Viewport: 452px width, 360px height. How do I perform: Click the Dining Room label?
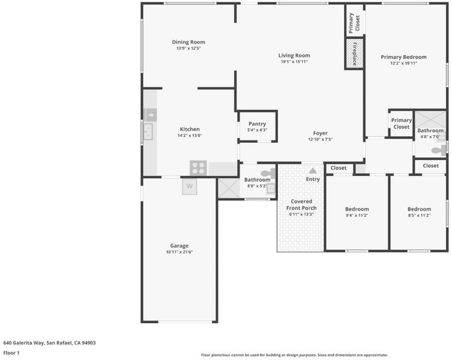tap(188, 42)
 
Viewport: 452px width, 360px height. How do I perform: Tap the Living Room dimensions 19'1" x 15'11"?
tap(294, 62)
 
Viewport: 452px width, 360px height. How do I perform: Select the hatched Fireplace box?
tap(354, 53)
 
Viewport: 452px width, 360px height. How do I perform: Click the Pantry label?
tap(257, 124)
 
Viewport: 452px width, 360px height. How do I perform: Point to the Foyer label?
tap(321, 133)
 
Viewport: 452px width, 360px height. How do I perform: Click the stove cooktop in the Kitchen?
tap(198, 168)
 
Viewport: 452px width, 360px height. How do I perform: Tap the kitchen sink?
tap(148, 131)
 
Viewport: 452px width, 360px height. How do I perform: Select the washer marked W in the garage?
tap(190, 186)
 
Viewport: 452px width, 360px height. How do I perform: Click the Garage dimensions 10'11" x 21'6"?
tap(179, 252)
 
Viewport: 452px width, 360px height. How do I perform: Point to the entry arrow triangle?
tap(313, 170)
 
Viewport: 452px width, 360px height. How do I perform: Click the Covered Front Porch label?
tap(301, 205)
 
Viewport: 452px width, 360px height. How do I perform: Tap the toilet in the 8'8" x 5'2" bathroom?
tap(268, 173)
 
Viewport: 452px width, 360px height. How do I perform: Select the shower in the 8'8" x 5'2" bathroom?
tap(229, 188)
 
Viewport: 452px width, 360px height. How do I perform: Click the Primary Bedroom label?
tap(403, 57)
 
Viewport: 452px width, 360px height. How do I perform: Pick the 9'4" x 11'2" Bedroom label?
tap(357, 209)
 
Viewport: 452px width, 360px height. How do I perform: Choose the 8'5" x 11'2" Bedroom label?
tap(419, 209)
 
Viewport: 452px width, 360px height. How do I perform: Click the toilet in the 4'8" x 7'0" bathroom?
tap(439, 150)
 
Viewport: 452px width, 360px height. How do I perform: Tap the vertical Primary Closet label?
tap(354, 23)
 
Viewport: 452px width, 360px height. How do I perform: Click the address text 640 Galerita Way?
tap(23, 343)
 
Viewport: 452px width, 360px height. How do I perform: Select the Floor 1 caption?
tap(11, 353)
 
